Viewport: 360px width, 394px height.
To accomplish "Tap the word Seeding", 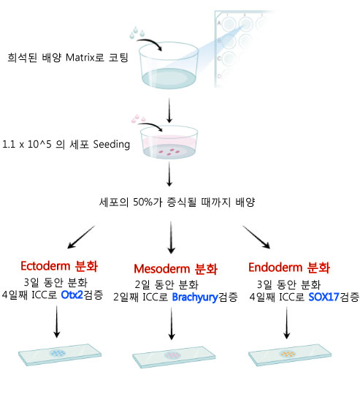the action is [112, 145].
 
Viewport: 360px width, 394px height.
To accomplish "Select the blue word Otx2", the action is [72, 295].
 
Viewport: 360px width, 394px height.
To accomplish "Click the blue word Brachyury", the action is [195, 298].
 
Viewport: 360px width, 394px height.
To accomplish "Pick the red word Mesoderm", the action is [162, 269].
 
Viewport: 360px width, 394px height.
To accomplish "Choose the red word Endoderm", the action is [275, 268].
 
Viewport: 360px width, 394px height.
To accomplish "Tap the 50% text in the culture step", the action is [142, 202].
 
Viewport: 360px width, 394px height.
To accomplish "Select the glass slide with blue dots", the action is [60, 355].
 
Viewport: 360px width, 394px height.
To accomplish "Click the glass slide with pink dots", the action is [174, 357].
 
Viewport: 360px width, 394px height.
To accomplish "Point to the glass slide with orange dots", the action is [290, 355].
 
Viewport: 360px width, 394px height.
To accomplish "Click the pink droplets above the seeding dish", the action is [138, 118].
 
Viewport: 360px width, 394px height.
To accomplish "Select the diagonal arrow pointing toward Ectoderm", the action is [81, 237].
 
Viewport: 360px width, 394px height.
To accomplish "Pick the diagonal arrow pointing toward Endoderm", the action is [256, 237].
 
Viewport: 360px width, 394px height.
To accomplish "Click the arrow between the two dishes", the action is [169, 110].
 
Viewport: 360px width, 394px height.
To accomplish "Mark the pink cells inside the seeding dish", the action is [169, 152].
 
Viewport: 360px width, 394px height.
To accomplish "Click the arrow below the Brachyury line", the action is [172, 324].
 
